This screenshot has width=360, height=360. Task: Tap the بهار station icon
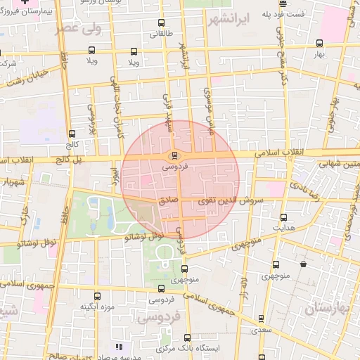pyautogui.click(x=321, y=43)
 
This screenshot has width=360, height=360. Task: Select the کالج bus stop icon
pyautogui.click(x=72, y=134)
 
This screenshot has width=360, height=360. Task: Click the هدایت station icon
pyautogui.click(x=283, y=217)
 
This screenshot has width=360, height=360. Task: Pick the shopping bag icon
pyautogui.click(x=302, y=264)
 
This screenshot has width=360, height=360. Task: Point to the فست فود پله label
pyautogui.click(x=290, y=13)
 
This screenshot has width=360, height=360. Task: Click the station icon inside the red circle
pyautogui.click(x=174, y=155)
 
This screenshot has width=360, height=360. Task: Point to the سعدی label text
pyautogui.click(x=262, y=329)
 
